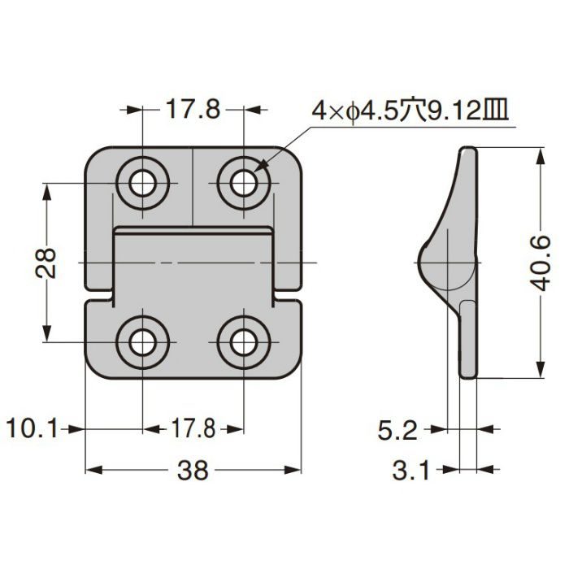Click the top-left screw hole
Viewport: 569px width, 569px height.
point(143,183)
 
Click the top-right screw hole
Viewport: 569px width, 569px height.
point(244,183)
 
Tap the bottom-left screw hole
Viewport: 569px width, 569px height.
point(143,342)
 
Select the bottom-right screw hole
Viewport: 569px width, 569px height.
point(244,342)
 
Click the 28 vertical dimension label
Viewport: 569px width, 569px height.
point(46,263)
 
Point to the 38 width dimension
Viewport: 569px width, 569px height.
point(193,471)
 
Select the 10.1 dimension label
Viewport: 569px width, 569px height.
point(32,428)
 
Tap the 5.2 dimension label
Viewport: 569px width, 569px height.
point(397,431)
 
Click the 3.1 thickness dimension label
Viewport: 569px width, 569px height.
point(410,471)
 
